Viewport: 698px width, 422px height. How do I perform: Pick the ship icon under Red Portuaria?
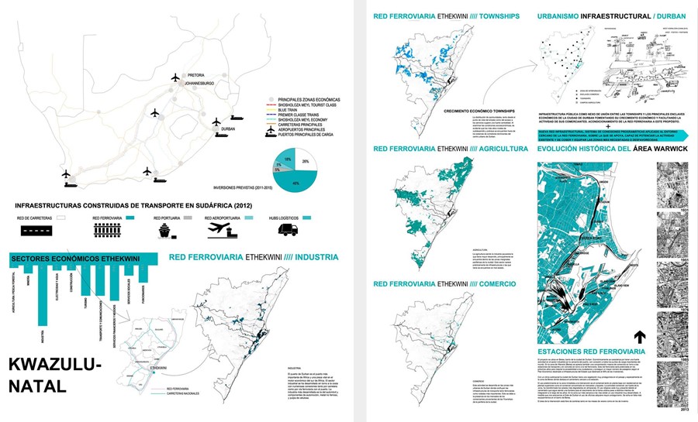tap(168, 230)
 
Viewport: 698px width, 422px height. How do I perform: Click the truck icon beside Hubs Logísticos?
tap(289, 229)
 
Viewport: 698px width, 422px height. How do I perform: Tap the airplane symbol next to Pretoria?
tap(176, 77)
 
